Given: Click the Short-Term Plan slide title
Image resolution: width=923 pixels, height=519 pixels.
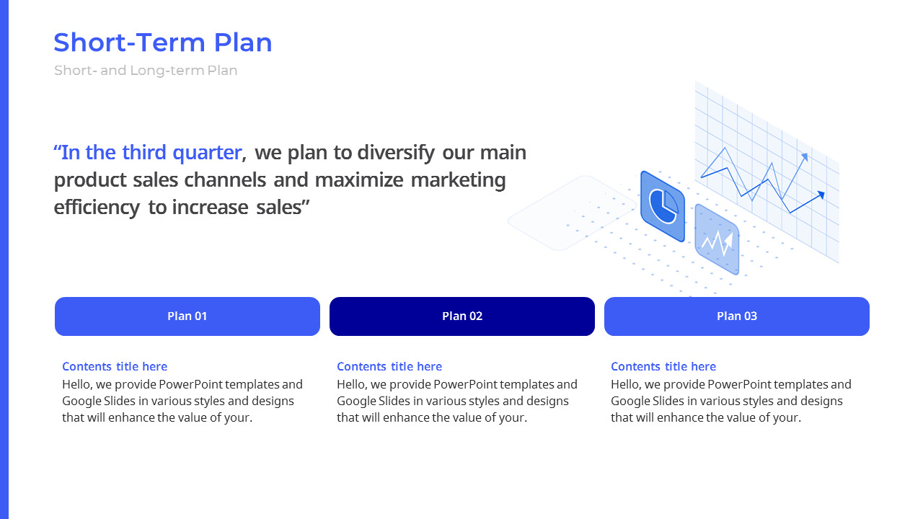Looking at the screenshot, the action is coord(163,43).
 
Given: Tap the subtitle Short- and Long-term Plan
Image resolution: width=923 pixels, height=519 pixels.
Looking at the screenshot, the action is coord(146,71).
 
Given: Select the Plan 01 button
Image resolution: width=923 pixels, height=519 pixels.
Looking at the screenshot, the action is coord(187,316).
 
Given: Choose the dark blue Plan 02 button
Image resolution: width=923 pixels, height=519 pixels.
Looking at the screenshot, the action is coord(462,316).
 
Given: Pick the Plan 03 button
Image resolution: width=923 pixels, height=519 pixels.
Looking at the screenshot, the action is coord(737,316).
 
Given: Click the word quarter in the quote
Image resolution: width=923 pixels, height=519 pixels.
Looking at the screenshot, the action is coord(207,154).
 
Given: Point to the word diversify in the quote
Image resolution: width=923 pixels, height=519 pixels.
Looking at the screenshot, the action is coord(396,154).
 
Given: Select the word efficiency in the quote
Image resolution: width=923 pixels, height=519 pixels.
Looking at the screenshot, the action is coord(97,208).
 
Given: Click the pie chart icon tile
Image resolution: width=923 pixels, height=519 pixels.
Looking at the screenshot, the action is coord(663,206).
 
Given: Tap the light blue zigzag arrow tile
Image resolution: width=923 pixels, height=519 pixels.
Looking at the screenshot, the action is coord(717,239).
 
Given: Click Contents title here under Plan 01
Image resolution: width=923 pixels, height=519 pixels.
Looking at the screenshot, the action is coord(115,366).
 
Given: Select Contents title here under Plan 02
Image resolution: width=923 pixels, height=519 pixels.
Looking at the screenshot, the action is coord(389,366).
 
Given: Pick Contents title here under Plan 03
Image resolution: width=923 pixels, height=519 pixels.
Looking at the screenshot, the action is coord(663,366).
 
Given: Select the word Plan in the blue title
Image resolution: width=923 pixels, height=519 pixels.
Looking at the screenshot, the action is coord(243,43).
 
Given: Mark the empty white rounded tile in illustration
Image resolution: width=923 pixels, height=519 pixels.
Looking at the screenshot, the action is coord(572,213).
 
